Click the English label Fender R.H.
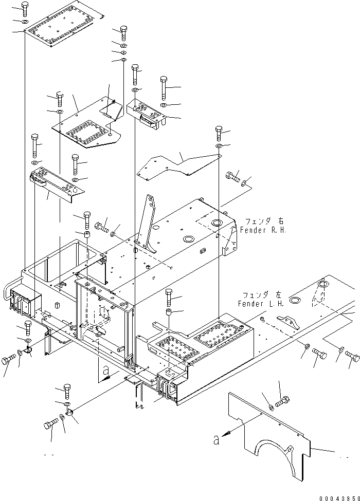pyautogui.click(x=262, y=231)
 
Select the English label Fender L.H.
pyautogui.click(x=259, y=304)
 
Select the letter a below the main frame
pyautogui.click(x=106, y=369)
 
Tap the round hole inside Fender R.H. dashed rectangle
pyautogui.click(x=215, y=222)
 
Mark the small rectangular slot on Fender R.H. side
pyautogui.click(x=203, y=251)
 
